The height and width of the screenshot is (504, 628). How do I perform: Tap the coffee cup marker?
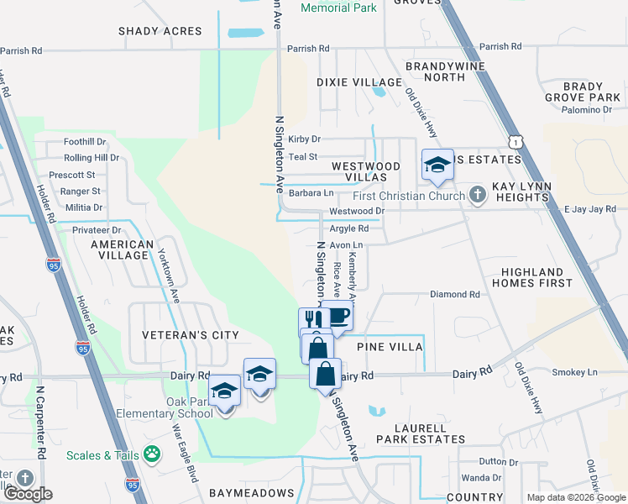coord(338,317)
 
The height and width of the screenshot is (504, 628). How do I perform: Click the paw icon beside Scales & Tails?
coord(152,455)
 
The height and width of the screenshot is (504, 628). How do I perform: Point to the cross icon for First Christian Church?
coord(477,196)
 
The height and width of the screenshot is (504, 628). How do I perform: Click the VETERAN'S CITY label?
coord(191,335)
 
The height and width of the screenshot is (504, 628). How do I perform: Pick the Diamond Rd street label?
coord(454,295)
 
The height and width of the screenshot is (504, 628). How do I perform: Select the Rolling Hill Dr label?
coord(92,158)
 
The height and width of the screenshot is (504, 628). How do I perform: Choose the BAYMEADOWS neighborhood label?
coord(252,492)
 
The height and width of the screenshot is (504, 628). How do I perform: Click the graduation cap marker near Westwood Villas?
coord(437,165)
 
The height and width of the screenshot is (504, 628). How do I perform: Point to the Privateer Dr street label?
coord(97,229)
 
